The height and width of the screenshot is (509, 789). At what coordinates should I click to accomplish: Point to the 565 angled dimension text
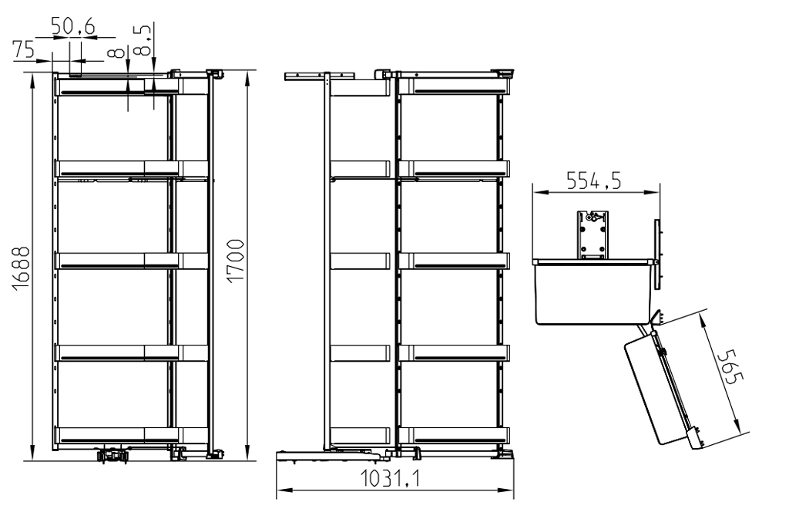click(x=727, y=367)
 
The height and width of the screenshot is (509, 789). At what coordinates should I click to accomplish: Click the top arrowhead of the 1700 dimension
click(x=247, y=75)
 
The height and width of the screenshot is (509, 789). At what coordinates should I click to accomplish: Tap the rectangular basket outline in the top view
click(x=592, y=293)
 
